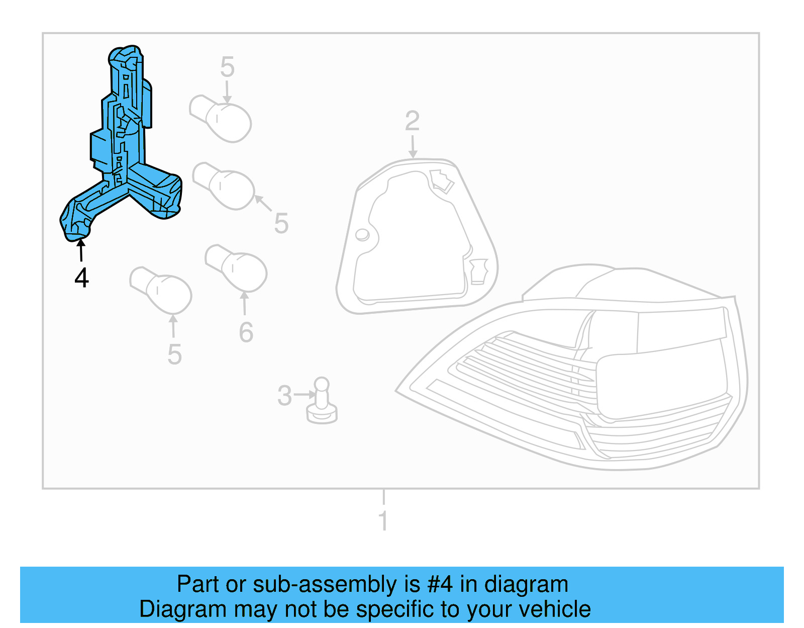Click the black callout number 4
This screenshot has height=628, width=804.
(x=82, y=278)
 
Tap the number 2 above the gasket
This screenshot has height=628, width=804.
(x=412, y=121)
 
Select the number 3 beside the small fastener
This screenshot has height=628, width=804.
(x=284, y=396)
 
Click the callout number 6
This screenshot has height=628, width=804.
(x=246, y=332)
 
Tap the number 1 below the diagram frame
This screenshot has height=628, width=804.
(x=383, y=520)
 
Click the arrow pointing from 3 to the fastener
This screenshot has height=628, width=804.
(x=305, y=395)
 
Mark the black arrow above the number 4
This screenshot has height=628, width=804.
(x=80, y=250)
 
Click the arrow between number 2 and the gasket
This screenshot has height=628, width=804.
(x=413, y=146)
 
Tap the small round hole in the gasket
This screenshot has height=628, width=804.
(x=362, y=234)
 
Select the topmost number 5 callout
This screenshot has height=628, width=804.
(x=227, y=67)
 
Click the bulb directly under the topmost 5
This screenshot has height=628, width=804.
(x=221, y=118)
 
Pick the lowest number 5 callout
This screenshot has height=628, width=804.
(x=174, y=355)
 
